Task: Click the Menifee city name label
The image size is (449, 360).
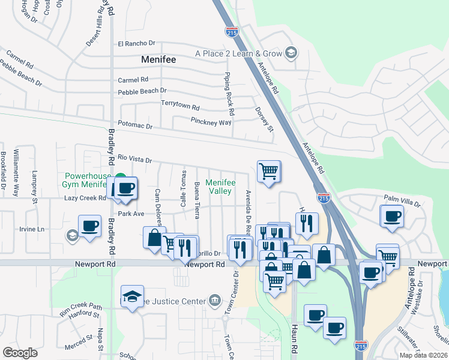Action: [161, 59]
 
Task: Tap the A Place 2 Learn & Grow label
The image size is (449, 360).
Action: [238, 53]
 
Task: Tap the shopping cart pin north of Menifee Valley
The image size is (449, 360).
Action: [269, 172]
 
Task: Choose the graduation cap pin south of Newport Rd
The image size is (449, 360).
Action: [132, 296]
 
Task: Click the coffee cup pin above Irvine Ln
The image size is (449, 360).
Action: [89, 226]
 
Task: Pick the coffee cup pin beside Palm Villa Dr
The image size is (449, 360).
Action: [393, 216]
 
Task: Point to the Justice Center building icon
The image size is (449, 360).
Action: [214, 300]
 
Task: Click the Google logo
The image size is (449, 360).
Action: [20, 353]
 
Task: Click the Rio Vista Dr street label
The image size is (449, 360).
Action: [134, 158]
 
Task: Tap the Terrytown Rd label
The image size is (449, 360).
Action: [179, 105]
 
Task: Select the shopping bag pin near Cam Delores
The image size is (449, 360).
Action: [154, 238]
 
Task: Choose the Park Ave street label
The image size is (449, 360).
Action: [131, 213]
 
